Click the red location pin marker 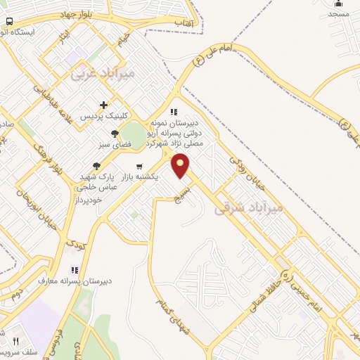[181, 165]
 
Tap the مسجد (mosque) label [338, 14]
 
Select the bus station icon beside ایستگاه [8, 21]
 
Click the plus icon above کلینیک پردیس [103, 105]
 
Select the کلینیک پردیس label [103, 115]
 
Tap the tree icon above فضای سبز [115, 133]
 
